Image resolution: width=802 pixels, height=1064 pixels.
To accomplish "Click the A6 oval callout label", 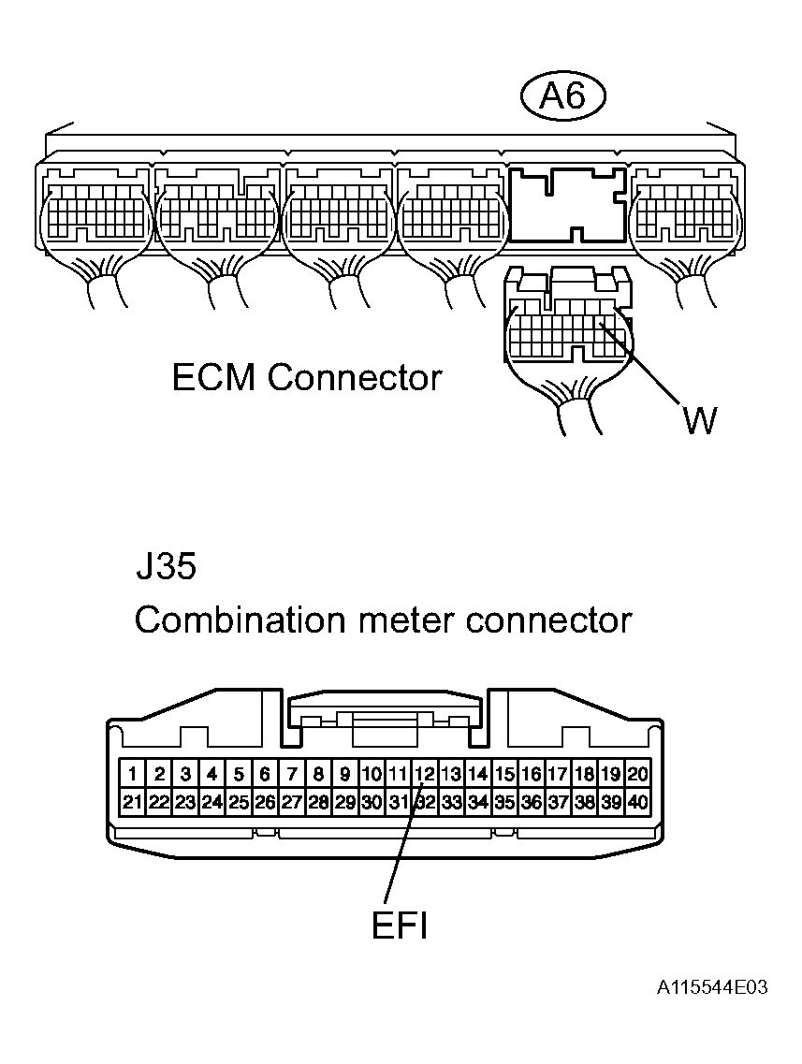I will click(x=563, y=96).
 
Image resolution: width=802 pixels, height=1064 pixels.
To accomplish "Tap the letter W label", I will click(x=699, y=420).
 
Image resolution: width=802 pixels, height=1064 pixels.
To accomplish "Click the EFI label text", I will click(x=400, y=926).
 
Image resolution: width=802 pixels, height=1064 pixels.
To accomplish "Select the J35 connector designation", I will click(x=166, y=568).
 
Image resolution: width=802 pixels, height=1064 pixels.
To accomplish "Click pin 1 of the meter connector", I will click(x=134, y=774).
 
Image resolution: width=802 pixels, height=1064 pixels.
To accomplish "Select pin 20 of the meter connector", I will click(x=638, y=774).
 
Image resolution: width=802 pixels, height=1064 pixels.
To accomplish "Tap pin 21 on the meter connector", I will click(x=134, y=802).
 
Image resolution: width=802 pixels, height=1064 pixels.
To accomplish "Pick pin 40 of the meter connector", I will click(x=638, y=802).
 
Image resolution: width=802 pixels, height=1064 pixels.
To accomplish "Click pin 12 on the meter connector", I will click(x=424, y=774).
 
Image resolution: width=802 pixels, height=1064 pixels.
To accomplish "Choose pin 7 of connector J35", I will click(x=292, y=774).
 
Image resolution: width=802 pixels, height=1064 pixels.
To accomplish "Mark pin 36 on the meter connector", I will click(x=532, y=802).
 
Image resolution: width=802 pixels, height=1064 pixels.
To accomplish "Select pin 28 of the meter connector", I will click(x=318, y=802).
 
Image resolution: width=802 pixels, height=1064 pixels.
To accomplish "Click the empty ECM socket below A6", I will click(x=568, y=204).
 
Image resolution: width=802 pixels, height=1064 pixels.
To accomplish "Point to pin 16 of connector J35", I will click(x=532, y=774).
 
